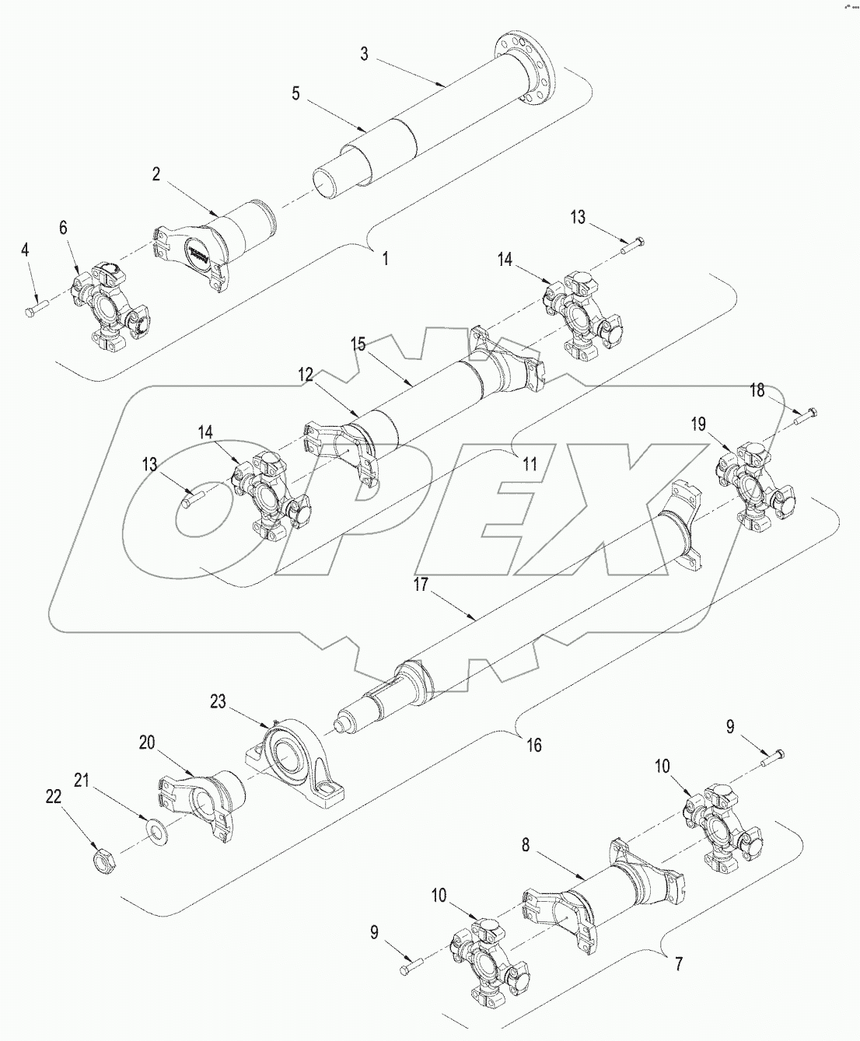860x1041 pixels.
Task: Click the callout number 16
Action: pyautogui.click(x=533, y=746)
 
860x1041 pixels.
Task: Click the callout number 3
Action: pyautogui.click(x=364, y=54)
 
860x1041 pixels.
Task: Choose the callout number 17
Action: pyautogui.click(x=421, y=585)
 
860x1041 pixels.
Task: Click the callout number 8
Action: pyautogui.click(x=526, y=845)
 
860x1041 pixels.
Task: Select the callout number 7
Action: pyautogui.click(x=678, y=965)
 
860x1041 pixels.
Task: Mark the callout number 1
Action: pyautogui.click(x=386, y=259)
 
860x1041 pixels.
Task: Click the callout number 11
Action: pyautogui.click(x=530, y=465)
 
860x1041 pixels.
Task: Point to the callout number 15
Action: pyautogui.click(x=358, y=343)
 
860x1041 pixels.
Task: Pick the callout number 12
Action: pyautogui.click(x=305, y=376)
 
